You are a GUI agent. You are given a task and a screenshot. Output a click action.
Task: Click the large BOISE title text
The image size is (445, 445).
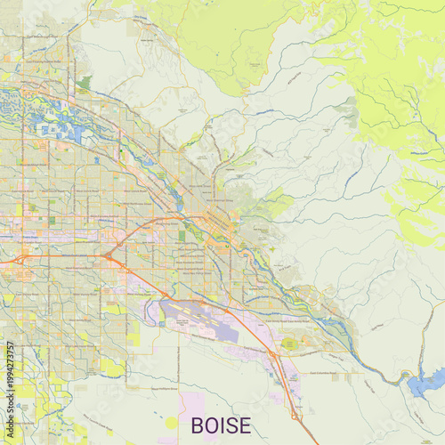[222, 425]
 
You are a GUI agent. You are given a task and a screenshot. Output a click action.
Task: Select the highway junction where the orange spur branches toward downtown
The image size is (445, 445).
[108, 256]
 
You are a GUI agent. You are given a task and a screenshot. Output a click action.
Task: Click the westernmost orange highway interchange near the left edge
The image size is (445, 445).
[20, 260]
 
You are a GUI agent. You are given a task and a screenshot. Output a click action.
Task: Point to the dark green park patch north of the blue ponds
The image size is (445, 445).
[84, 84]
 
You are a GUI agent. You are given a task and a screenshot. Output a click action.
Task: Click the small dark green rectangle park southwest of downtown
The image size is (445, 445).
[182, 236]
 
